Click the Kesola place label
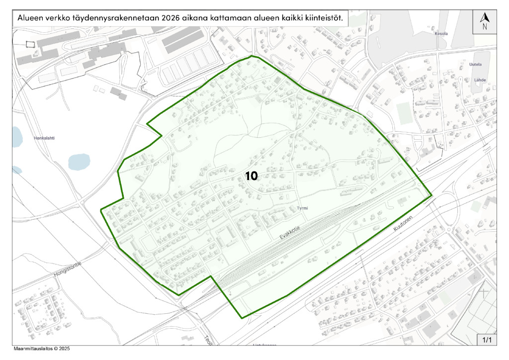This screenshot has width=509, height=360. [x=441, y=34]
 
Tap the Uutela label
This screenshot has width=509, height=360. [x=476, y=64]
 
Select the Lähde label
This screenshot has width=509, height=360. [x=480, y=80]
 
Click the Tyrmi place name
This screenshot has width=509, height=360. [x=303, y=208]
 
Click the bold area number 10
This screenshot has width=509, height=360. [x=251, y=176]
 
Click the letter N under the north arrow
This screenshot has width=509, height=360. [x=485, y=27]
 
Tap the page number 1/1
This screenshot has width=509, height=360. [x=486, y=340]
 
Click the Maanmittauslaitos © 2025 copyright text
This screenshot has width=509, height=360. [x=42, y=349]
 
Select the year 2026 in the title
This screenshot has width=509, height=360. [x=170, y=18]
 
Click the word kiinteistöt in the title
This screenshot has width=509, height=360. [x=324, y=18]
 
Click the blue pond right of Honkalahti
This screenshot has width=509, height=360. [x=78, y=161]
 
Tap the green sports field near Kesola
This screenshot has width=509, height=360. [x=404, y=113]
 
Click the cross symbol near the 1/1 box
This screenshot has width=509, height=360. [x=485, y=293]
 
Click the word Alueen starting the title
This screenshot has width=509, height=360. [x=31, y=18]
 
